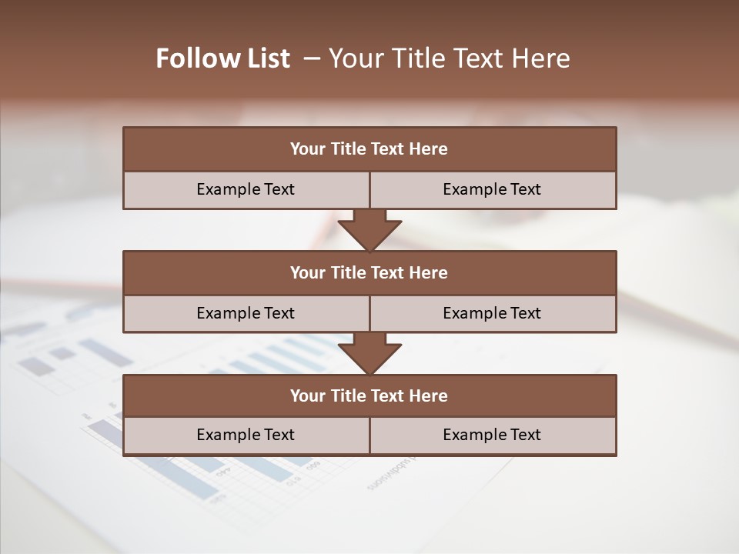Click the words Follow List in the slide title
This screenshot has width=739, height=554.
223,58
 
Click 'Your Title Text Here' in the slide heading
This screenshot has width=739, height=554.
449,58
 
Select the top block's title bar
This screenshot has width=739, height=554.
369,149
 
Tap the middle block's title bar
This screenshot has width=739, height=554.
369,272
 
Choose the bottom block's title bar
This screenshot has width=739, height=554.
369,395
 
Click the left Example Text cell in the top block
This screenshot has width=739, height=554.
246,189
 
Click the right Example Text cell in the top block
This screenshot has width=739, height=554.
492,189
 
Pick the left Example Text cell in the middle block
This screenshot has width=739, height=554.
246,313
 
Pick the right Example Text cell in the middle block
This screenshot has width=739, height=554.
492,313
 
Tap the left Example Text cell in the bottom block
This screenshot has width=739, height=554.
246,435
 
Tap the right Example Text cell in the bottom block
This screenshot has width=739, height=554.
492,435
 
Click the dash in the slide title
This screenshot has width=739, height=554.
312,58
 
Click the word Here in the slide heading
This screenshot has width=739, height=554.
543,58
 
